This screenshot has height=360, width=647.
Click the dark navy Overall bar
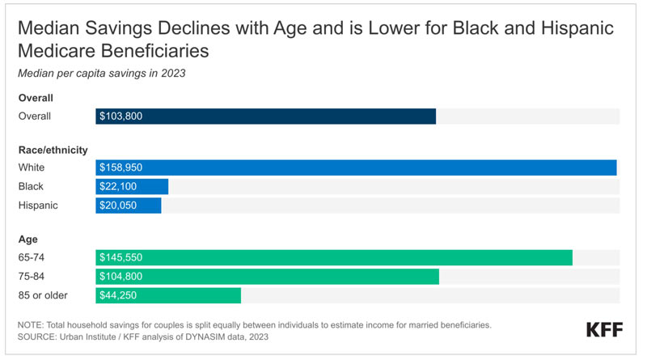click(266, 116)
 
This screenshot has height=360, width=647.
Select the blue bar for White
click(356, 167)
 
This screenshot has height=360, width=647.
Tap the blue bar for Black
click(132, 187)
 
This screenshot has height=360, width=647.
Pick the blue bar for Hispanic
click(129, 205)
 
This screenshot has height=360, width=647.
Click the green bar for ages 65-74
click(334, 257)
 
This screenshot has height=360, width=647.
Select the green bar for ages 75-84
click(268, 277)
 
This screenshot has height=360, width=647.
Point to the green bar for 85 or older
click(168, 295)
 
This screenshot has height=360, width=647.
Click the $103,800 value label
click(121, 116)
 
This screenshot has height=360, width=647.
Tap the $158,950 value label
click(121, 167)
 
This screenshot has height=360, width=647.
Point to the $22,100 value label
click(118, 187)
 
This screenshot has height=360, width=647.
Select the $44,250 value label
click(118, 295)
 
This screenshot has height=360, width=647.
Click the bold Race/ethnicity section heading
click(53, 150)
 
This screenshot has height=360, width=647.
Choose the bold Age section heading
click(28, 239)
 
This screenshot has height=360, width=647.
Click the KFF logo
click(604, 330)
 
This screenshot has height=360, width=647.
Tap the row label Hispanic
click(38, 205)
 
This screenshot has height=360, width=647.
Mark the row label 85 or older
click(43, 295)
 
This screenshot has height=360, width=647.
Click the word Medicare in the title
click(56, 51)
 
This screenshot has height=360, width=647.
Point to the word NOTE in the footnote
click(30, 325)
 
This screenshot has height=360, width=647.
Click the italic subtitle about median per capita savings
click(102, 74)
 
